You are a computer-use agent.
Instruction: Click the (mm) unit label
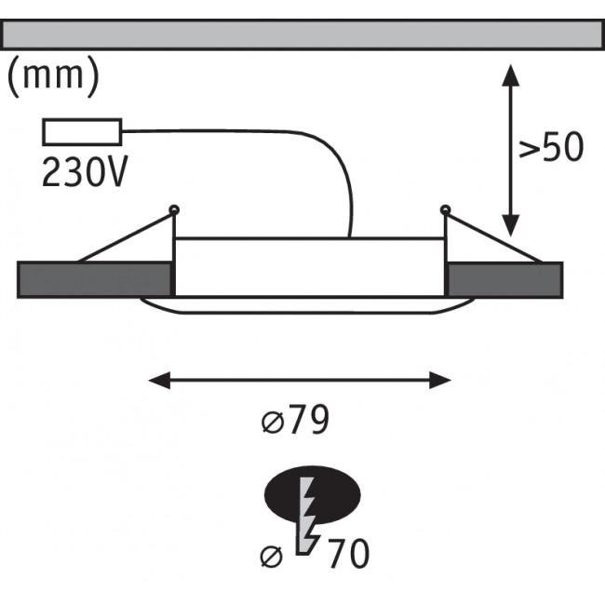point(53,76)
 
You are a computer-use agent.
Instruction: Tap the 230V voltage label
point(84,171)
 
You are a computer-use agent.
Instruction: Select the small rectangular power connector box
point(82,132)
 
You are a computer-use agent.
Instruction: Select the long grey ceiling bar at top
point(302,34)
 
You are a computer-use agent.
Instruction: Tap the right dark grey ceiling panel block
point(505,279)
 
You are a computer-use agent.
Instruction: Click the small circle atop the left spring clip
point(173,208)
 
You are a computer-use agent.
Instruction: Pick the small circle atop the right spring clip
point(445,208)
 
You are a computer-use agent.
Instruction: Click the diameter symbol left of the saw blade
point(272,557)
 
